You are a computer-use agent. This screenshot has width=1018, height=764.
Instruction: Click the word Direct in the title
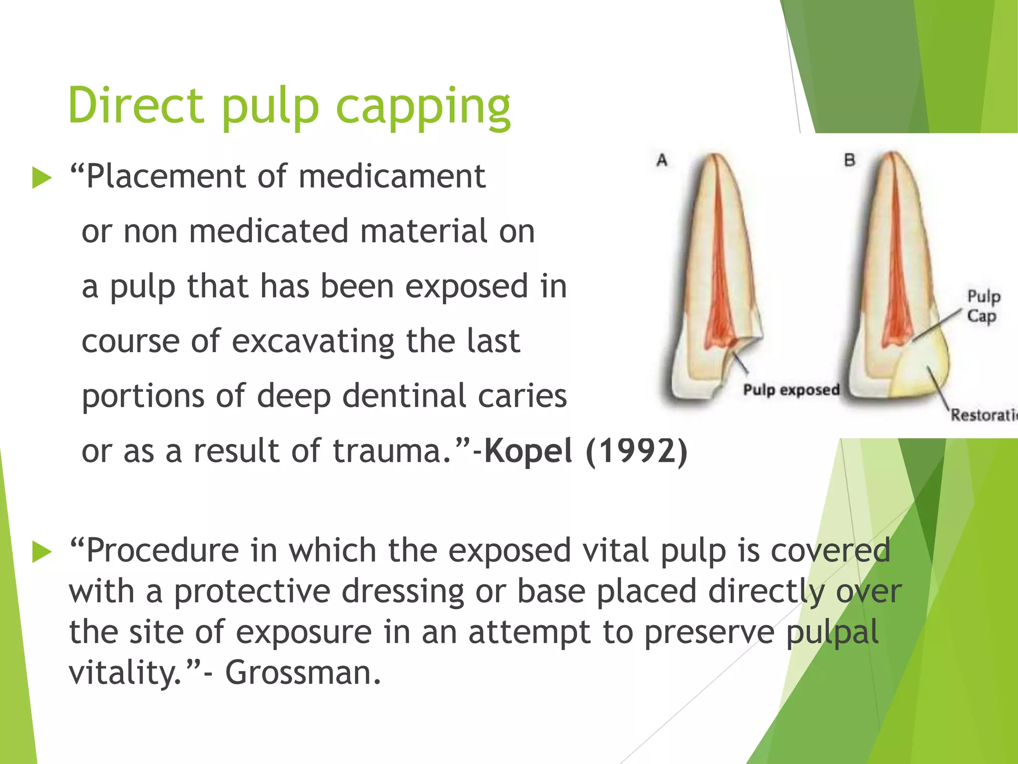(136, 105)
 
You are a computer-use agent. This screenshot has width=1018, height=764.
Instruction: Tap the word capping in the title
(423, 107)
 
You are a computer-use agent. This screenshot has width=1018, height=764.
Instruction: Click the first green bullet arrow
(42, 178)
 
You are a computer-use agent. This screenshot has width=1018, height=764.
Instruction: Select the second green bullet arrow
(42, 552)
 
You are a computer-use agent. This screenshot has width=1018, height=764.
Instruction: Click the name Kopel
(528, 451)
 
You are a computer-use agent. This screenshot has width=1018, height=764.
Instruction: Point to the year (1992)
(637, 451)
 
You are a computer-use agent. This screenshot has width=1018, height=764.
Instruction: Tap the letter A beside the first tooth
(662, 160)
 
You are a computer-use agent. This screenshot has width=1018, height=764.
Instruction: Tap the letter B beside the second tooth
(849, 160)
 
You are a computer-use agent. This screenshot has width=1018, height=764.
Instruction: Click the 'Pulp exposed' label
(791, 389)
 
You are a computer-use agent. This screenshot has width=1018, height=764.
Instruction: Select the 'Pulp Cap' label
(983, 306)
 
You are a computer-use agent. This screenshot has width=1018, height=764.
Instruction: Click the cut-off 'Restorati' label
(983, 415)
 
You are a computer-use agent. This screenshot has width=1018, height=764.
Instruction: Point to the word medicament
(392, 177)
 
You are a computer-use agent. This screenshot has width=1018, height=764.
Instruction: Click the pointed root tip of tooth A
(714, 155)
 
